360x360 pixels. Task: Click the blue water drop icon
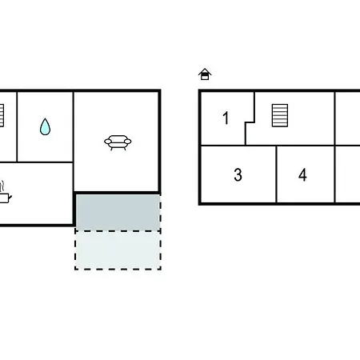tap(45, 126)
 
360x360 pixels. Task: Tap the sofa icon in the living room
tap(118, 142)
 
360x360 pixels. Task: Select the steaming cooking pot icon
tap(4, 193)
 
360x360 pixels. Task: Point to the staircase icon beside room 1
tap(280, 115)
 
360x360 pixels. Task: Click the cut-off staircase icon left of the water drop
tap(2, 115)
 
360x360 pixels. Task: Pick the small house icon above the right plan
tap(205, 74)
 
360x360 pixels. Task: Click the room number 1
tap(226, 118)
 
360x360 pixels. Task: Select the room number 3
tap(238, 175)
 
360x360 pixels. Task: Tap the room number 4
tap(302, 175)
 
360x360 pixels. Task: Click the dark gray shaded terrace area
tap(118, 212)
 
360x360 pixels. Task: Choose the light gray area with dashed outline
tap(118, 250)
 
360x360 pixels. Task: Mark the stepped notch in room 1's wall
tap(250, 122)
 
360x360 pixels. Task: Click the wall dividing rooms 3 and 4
tap(277, 174)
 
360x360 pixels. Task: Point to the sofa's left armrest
tap(108, 142)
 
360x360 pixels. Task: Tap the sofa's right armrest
tap(127, 142)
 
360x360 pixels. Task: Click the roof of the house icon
tap(205, 70)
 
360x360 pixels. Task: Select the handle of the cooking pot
tap(10, 198)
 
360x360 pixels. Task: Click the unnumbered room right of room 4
tap(347, 174)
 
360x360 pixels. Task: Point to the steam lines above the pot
tap(2, 186)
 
